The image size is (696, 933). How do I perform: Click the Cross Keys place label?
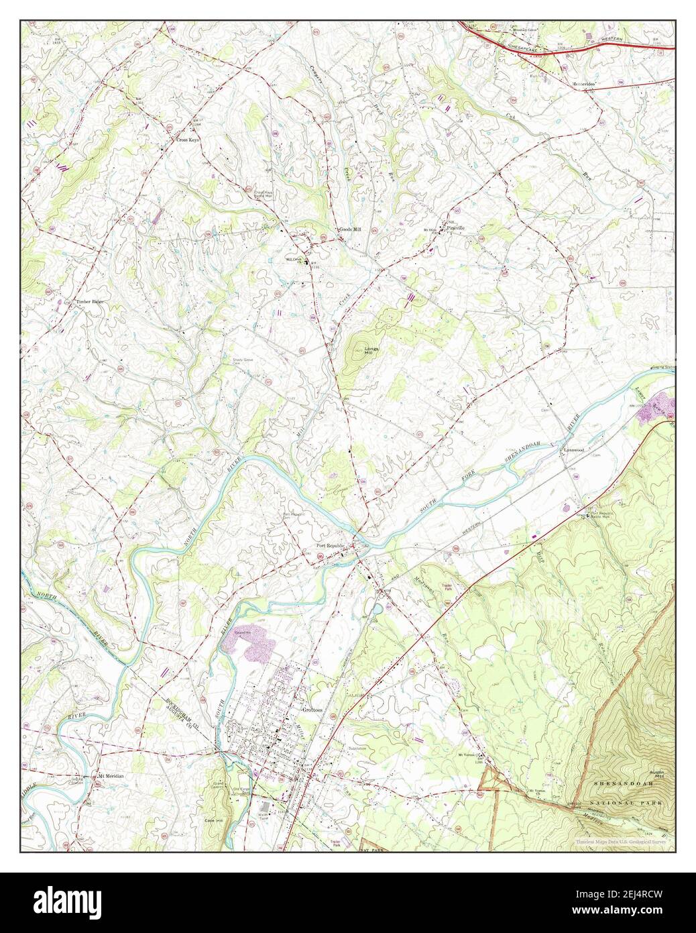pyautogui.click(x=187, y=140)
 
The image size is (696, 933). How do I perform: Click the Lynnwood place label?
pyautogui.click(x=575, y=450)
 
